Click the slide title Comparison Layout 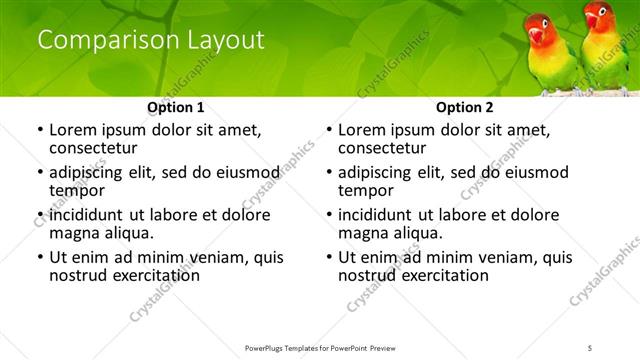150,41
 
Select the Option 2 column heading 464,107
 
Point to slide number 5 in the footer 590,347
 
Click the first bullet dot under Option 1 39,130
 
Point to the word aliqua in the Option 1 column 129,233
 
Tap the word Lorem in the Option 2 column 361,130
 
